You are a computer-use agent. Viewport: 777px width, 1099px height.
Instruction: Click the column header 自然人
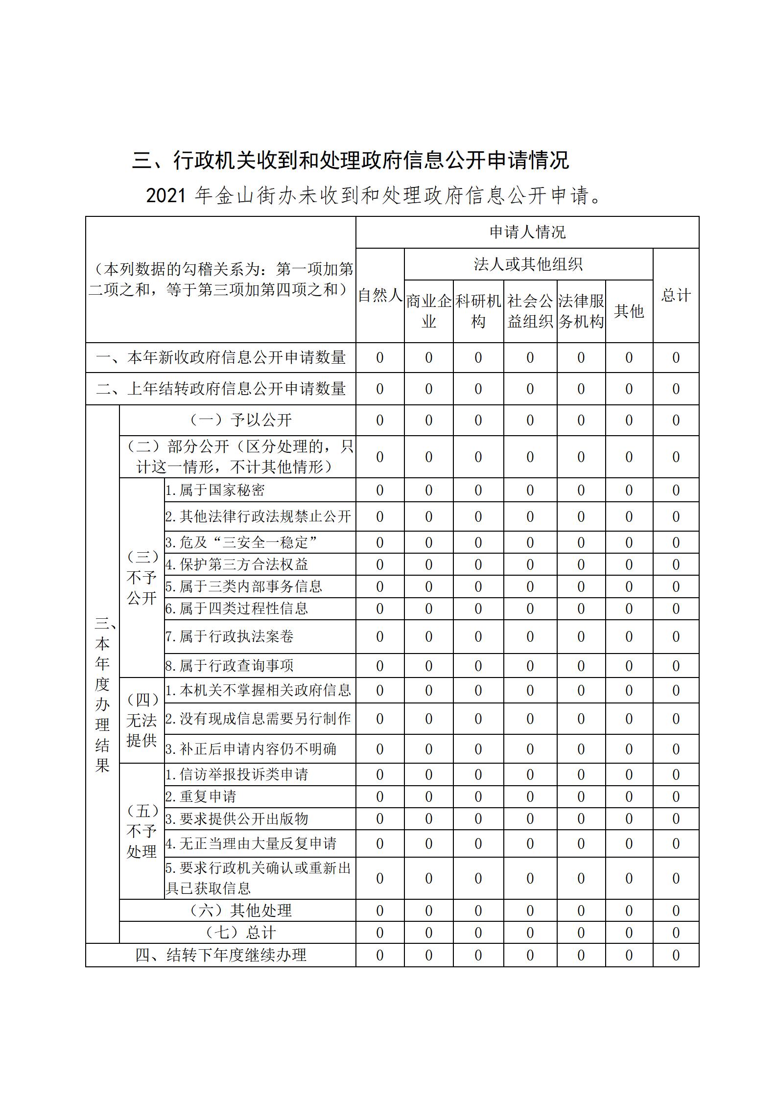380,295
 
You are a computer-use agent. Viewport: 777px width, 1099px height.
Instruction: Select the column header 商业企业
429,311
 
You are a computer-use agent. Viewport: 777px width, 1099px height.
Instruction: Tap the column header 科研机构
478,311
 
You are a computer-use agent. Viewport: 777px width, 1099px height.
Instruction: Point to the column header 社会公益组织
530,311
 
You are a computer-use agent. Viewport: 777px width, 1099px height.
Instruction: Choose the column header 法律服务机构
581,311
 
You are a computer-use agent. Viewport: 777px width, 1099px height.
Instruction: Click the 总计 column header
676,295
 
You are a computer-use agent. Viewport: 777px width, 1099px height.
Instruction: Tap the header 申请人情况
527,232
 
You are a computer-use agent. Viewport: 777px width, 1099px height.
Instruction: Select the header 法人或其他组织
528,264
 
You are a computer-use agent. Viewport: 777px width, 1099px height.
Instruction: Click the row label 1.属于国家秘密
215,490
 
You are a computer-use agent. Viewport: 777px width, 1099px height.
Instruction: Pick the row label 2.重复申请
201,796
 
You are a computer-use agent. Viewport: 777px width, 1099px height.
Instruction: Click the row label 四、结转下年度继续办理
221,955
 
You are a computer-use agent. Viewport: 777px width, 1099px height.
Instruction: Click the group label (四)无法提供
141,720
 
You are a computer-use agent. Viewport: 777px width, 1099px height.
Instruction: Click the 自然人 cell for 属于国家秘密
380,490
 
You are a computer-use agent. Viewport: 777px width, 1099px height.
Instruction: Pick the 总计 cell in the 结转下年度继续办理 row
676,955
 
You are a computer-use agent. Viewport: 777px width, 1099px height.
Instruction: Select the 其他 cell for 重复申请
629,796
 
